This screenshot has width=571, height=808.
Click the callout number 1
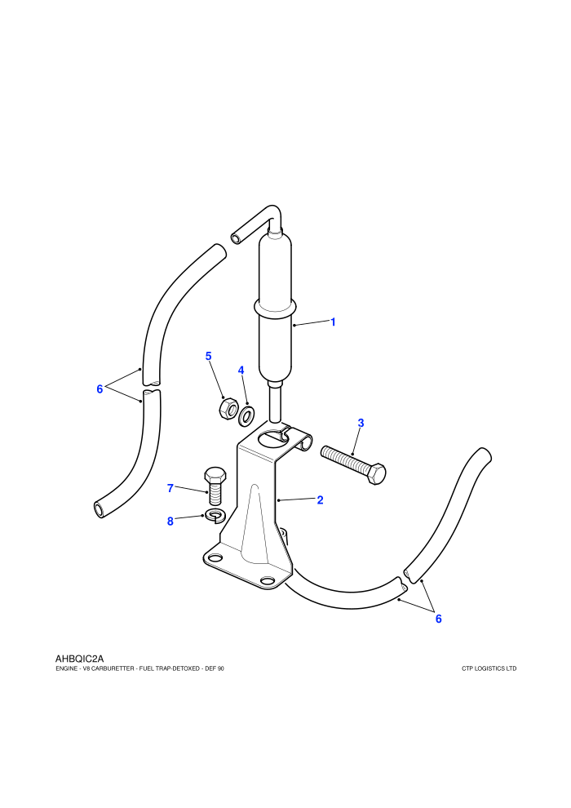pyautogui.click(x=333, y=322)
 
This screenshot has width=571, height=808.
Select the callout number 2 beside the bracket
pyautogui.click(x=321, y=499)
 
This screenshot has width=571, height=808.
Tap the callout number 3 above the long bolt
pyautogui.click(x=361, y=423)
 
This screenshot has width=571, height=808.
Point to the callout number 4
pyautogui.click(x=241, y=371)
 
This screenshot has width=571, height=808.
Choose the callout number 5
pyautogui.click(x=209, y=356)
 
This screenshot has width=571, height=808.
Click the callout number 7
pyautogui.click(x=170, y=488)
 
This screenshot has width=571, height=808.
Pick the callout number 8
pyautogui.click(x=170, y=522)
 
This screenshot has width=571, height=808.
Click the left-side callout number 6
pyautogui.click(x=100, y=389)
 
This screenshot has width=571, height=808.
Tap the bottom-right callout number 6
pyautogui.click(x=439, y=619)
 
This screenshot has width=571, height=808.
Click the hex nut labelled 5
pyautogui.click(x=228, y=409)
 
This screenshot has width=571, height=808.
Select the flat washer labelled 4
pyautogui.click(x=247, y=415)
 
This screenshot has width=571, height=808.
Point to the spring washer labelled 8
pyautogui.click(x=213, y=515)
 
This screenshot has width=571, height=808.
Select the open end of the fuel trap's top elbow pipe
pyautogui.click(x=236, y=238)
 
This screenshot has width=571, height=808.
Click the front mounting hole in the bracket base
pyautogui.click(x=268, y=581)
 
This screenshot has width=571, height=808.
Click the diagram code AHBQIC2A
pyautogui.click(x=79, y=659)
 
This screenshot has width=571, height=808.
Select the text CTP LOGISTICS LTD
pyautogui.click(x=489, y=669)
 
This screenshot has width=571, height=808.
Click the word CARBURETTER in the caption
pyautogui.click(x=110, y=669)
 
